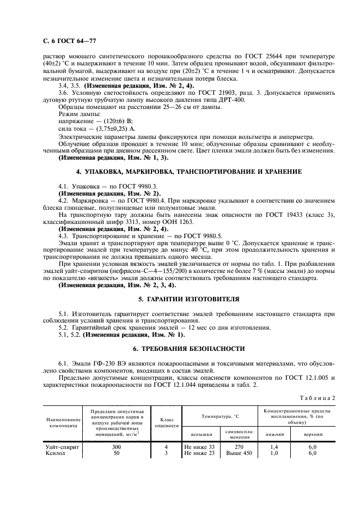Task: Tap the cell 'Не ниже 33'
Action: (x=199, y=447)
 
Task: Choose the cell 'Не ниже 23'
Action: (x=199, y=453)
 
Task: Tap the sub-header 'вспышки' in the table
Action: (x=199, y=435)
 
